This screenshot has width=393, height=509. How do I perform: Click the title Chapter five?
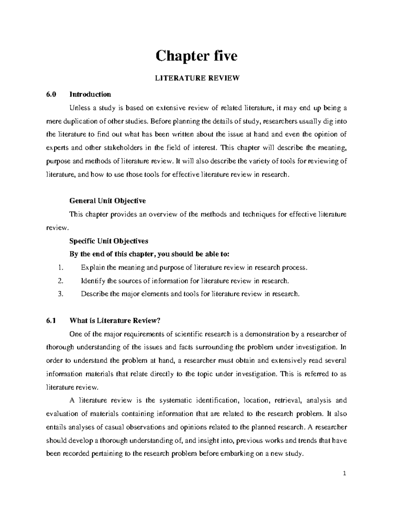click(196, 56)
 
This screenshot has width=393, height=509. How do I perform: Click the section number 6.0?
click(51, 94)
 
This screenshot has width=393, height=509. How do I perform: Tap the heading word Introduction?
click(90, 94)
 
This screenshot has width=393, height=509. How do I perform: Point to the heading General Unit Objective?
click(108, 201)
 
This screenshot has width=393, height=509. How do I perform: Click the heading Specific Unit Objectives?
click(109, 241)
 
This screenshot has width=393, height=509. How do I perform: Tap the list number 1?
click(60, 268)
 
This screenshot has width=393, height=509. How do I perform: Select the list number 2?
click(60, 281)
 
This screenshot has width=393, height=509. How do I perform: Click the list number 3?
click(60, 294)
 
